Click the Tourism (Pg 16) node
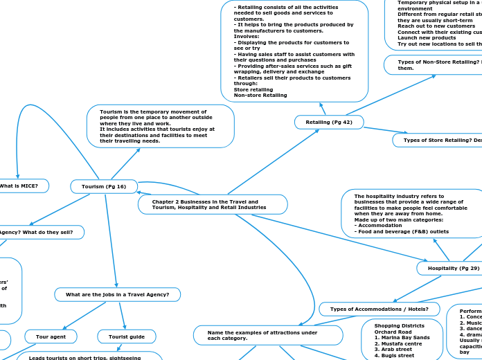pos(104,186)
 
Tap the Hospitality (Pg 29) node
pos(454,268)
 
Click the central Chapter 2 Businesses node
pos(213,204)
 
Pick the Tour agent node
pos(51,336)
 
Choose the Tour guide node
pos(127,336)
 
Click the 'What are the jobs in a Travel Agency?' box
pos(117,295)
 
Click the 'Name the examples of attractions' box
pos(268,335)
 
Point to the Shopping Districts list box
pos(402,339)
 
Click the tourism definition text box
pos(160,126)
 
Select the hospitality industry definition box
pos(412,213)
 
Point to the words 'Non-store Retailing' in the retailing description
pos(260,95)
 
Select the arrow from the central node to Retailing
pos(274,162)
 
